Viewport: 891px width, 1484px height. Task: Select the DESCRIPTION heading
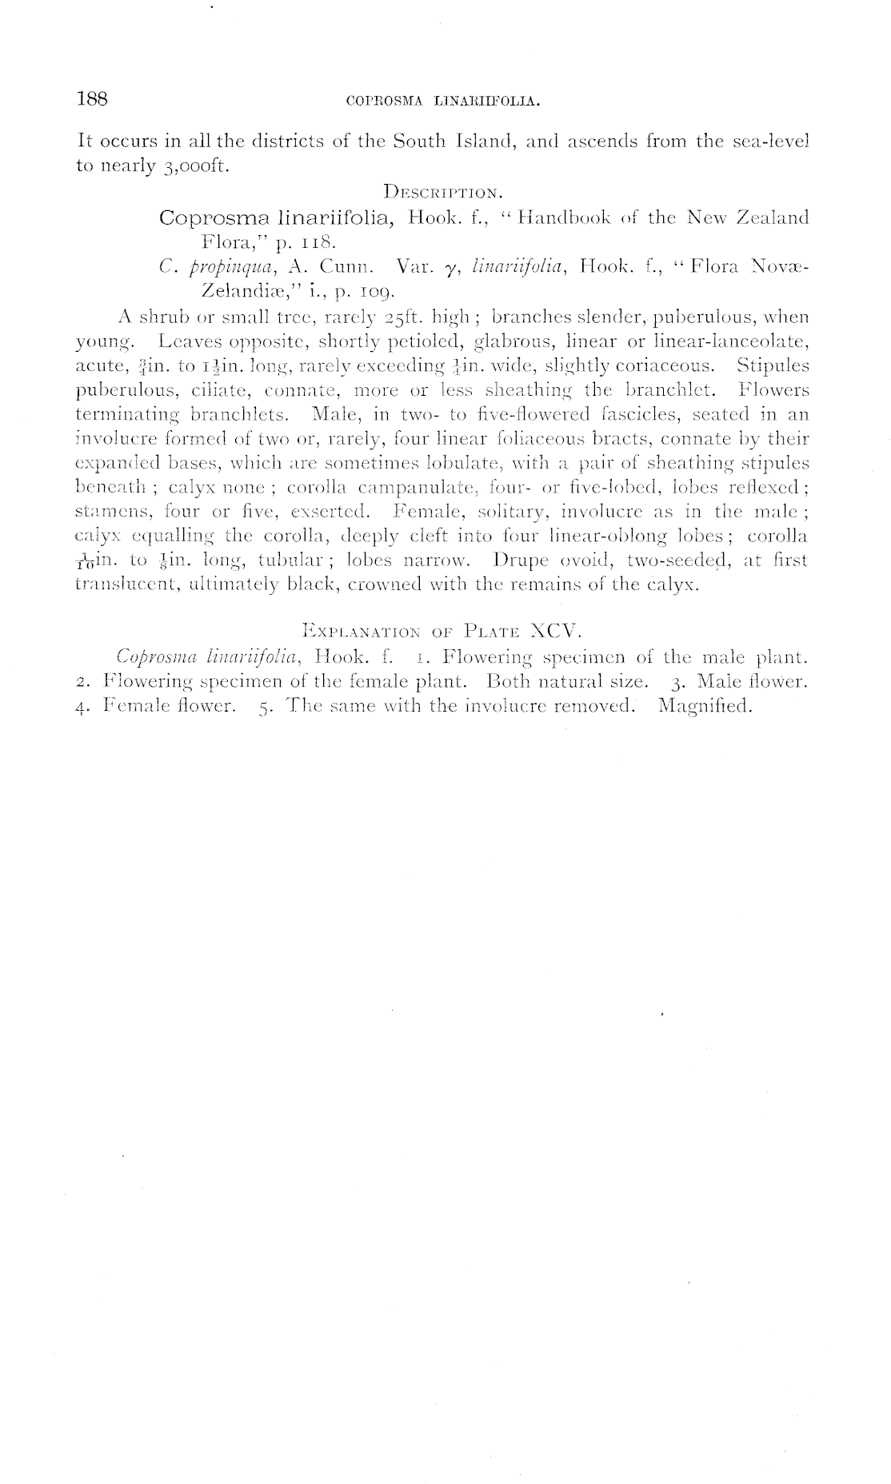click(442, 192)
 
